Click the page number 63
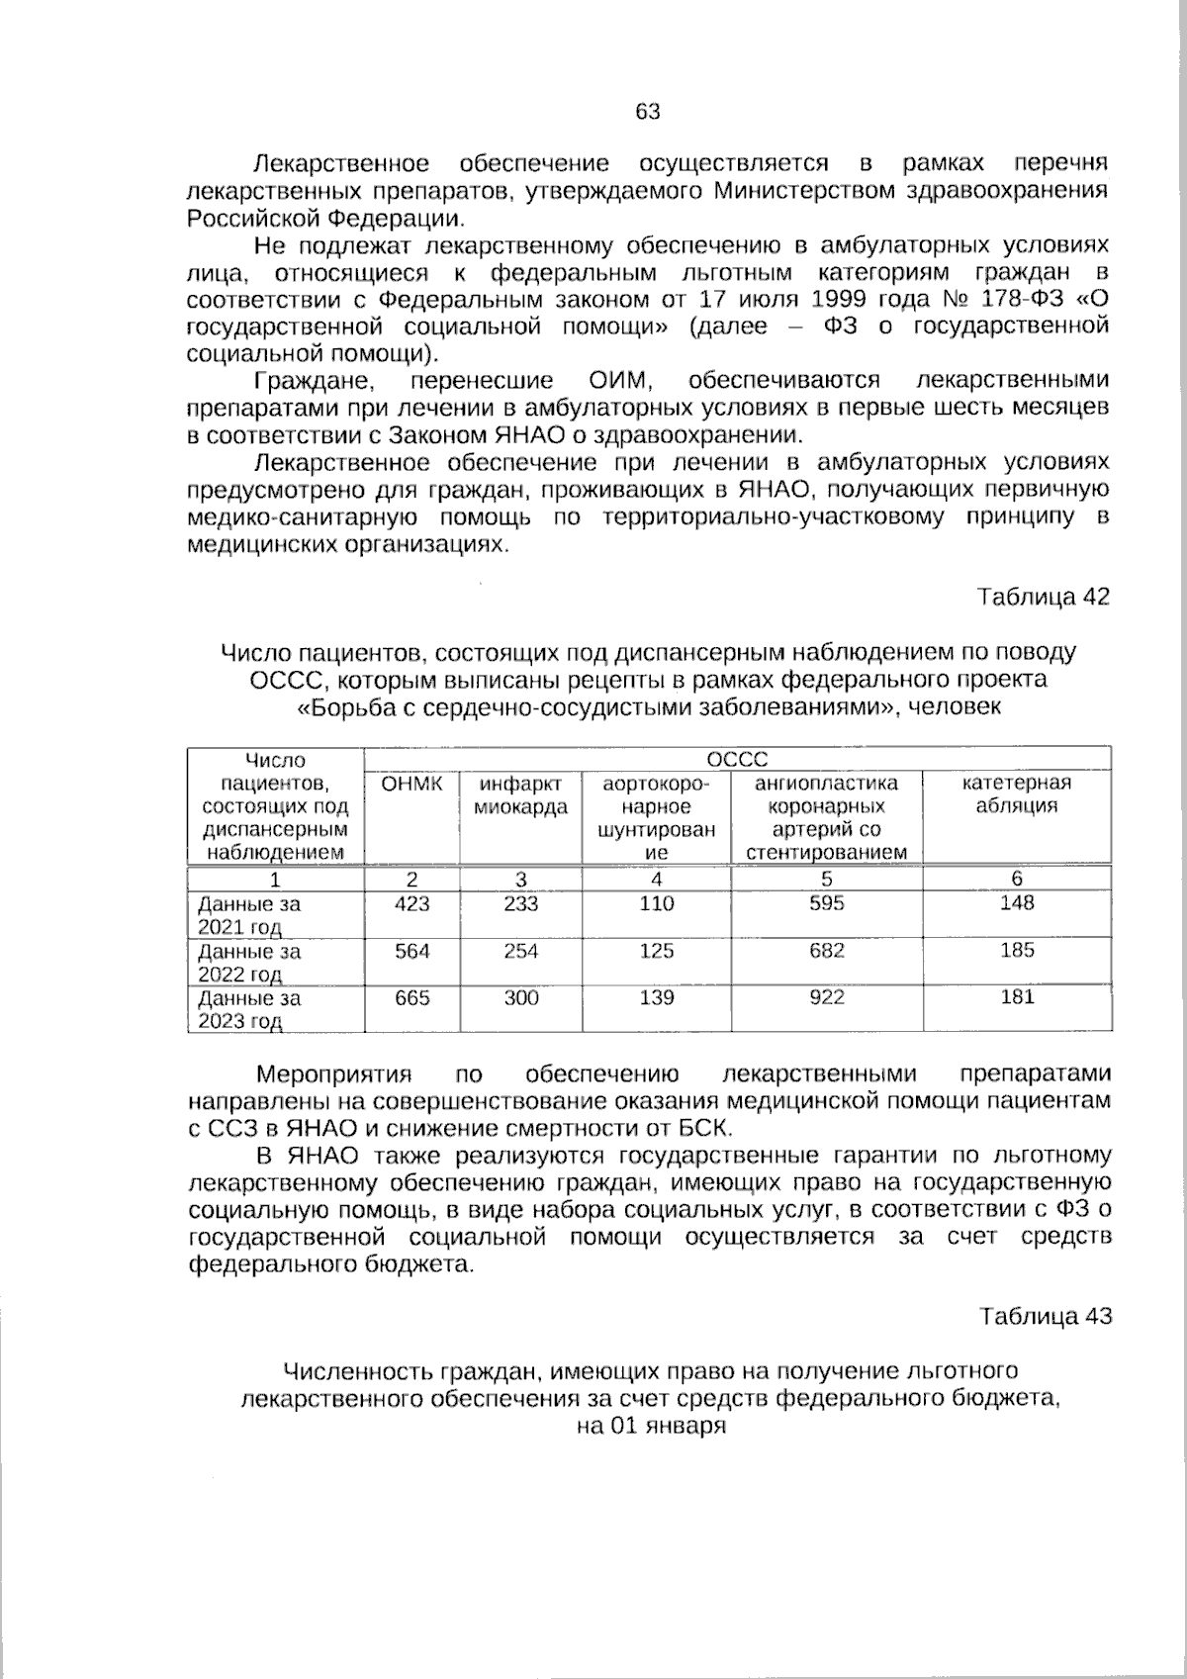tap(648, 112)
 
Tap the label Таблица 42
tap(1044, 597)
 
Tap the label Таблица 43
tap(1046, 1316)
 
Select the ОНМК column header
tap(412, 784)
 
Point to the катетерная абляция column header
tap(1017, 794)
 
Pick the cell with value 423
tap(412, 903)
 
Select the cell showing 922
tap(827, 997)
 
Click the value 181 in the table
tap(1017, 997)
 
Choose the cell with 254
tap(520, 951)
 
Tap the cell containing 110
tap(656, 903)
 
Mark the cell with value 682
tap(827, 951)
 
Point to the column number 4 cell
tap(656, 879)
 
